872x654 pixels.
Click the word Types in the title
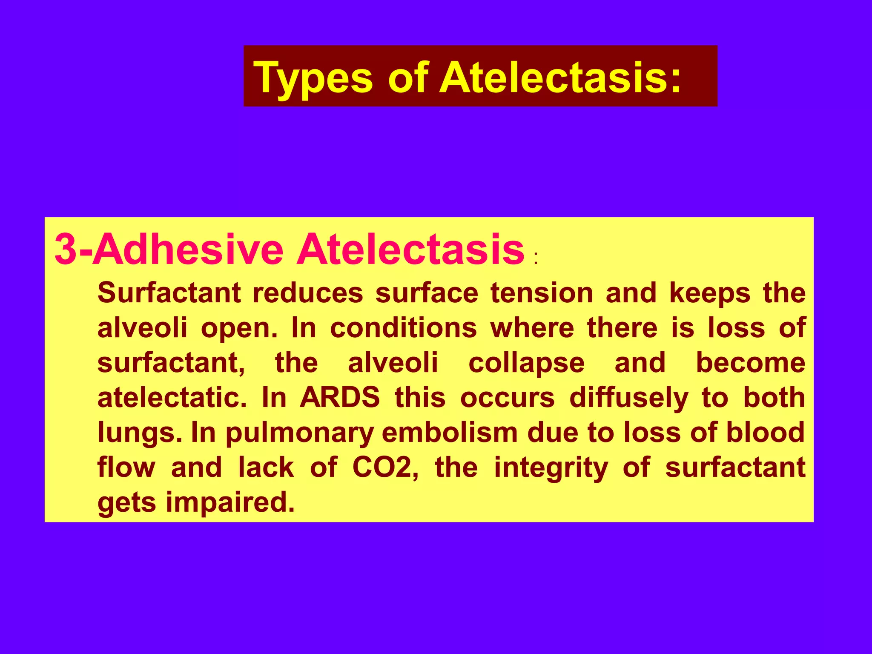313,78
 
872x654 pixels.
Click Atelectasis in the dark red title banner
560,78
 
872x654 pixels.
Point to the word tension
542,293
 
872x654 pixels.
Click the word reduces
308,293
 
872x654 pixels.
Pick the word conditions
403,328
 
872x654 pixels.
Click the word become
750,363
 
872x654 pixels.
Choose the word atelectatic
172,398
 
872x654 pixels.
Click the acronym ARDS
339,398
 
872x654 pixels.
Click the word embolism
450,433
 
